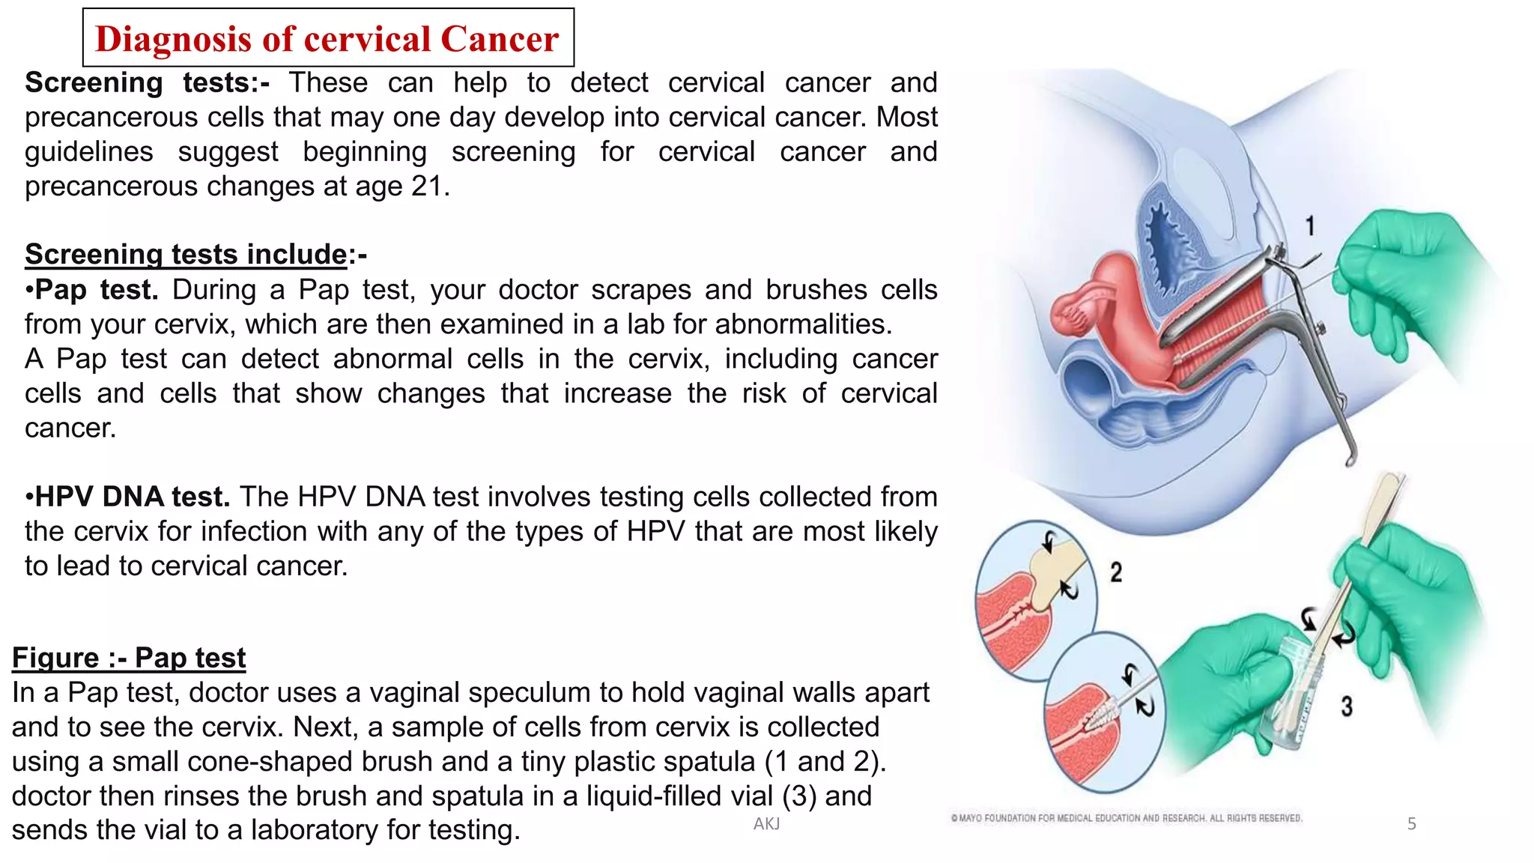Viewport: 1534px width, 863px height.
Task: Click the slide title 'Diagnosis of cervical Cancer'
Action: pyautogui.click(x=327, y=39)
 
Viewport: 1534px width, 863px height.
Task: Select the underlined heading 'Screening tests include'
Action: pyautogui.click(x=186, y=255)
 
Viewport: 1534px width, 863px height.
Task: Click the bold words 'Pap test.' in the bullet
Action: pyautogui.click(x=97, y=290)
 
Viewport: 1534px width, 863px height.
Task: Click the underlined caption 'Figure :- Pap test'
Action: pyautogui.click(x=129, y=658)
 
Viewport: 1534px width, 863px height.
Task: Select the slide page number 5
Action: pyautogui.click(x=1411, y=824)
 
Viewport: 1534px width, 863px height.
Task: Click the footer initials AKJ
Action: pyautogui.click(x=766, y=824)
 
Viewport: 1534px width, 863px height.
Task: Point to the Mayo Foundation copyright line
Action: pyautogui.click(x=1127, y=818)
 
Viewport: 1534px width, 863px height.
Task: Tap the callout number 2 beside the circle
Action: pyautogui.click(x=1116, y=573)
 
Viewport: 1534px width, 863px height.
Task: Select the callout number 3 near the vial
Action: pyautogui.click(x=1347, y=706)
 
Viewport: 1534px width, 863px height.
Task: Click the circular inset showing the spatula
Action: pyautogui.click(x=1036, y=599)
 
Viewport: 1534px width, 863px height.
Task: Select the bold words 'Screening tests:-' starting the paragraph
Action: pyautogui.click(x=147, y=82)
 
